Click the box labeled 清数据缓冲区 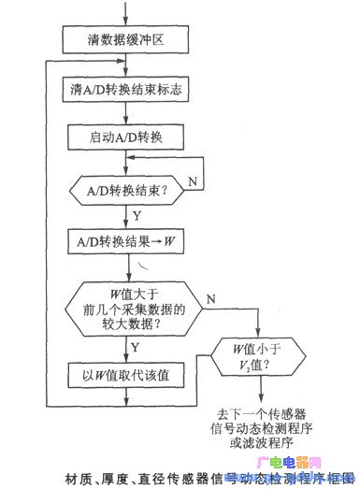(x=125, y=40)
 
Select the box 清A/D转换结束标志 (x=125, y=91)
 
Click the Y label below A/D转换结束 (x=138, y=214)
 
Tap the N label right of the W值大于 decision (x=210, y=298)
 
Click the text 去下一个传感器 (x=265, y=411)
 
